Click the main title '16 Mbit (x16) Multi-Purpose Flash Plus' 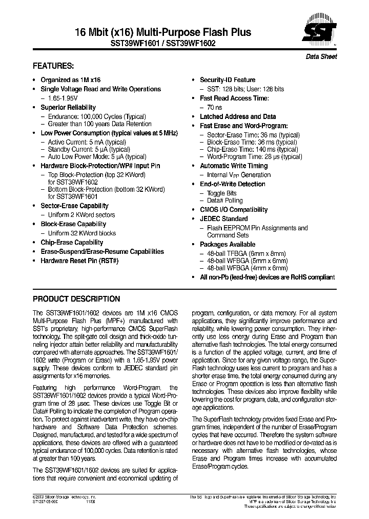click(142, 32)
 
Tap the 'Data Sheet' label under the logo click(321, 57)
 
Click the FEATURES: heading click(53, 66)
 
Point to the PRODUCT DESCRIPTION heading click(76, 299)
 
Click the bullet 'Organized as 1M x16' click(70, 80)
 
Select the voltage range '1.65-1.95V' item click(64, 98)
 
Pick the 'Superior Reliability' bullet click(68, 107)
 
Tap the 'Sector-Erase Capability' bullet click(74, 206)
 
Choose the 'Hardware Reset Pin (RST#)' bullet click(79, 261)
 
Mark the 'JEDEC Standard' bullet click(223, 218)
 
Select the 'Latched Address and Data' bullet click(237, 116)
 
